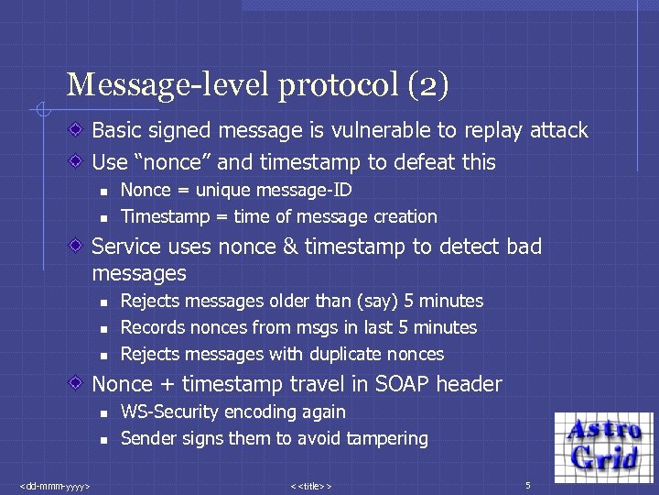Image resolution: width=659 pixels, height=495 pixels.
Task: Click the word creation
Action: point(405,217)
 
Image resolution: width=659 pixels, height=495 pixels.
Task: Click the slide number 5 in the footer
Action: point(527,483)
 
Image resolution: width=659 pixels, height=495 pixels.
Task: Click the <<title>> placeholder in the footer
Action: point(310,484)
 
